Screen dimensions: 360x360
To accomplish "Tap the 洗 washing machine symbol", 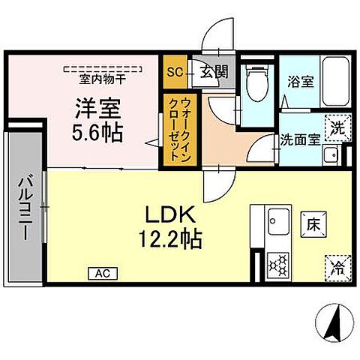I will [337, 127].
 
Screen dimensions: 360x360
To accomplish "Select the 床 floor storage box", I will [313, 223].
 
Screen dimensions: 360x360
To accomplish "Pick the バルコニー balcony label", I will [24, 205].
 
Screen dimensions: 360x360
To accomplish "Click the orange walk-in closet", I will [175, 128].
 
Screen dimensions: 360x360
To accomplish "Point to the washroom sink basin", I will [330, 155].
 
